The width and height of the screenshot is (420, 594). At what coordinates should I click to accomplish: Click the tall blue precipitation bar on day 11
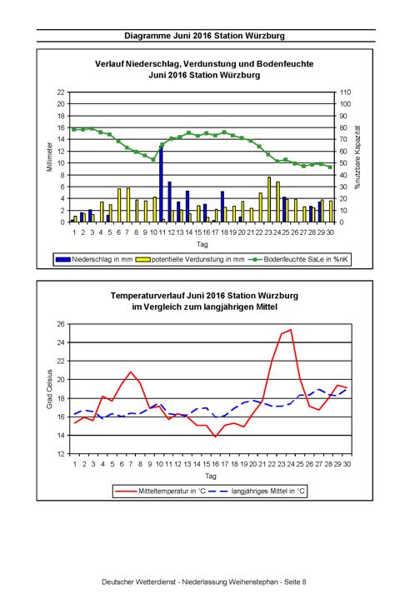coord(161,184)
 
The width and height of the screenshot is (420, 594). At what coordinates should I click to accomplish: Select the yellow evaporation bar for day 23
coord(269,200)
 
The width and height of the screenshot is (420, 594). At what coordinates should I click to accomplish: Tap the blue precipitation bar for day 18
coord(222,207)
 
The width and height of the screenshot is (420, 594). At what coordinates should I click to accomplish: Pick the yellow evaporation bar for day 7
coord(128,205)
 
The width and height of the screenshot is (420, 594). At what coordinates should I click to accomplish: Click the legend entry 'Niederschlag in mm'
coord(94,259)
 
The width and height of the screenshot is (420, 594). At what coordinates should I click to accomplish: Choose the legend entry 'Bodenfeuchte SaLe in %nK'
coord(298,259)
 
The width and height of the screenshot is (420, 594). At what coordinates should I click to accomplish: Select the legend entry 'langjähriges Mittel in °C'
coord(257,492)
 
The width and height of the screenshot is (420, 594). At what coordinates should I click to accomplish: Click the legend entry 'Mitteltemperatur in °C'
coord(160,492)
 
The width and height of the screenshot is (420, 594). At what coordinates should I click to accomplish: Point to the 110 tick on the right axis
coord(345,92)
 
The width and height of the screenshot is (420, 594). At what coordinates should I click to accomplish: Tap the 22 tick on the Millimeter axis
coord(61,92)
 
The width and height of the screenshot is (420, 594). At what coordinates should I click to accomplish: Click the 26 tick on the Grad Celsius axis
coord(61,324)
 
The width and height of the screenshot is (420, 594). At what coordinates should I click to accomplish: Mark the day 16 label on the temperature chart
coord(215,464)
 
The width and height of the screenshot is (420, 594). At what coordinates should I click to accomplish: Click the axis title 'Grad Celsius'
coord(50,389)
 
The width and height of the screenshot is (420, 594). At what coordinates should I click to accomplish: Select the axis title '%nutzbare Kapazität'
coord(357,157)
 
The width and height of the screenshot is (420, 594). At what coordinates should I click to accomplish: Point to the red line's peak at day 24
coord(290,330)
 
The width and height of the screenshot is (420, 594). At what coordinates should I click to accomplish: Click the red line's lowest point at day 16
coord(215,437)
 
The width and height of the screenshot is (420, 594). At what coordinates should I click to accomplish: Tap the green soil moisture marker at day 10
coord(153,159)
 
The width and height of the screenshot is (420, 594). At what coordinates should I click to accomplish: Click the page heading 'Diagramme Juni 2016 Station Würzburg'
coord(205,36)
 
